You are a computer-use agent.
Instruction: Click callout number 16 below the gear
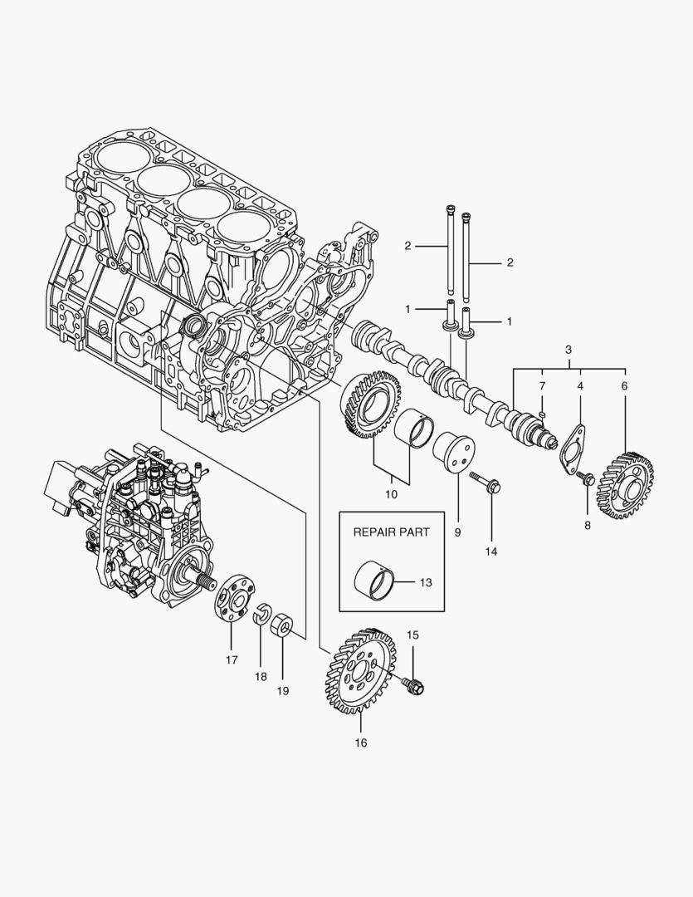[361, 742]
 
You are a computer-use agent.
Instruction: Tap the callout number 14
[491, 551]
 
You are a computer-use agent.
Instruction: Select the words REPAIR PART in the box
[392, 532]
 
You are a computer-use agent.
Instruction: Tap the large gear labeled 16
[357, 669]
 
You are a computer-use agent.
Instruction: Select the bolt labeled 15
[412, 684]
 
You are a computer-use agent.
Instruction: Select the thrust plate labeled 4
[573, 449]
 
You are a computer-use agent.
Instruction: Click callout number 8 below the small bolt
[588, 525]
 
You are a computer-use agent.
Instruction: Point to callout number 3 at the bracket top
[569, 350]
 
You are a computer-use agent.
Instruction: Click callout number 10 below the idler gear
[391, 493]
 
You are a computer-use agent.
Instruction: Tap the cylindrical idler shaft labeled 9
[453, 455]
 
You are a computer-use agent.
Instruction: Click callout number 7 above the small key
[541, 386]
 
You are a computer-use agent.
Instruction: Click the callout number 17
[231, 659]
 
